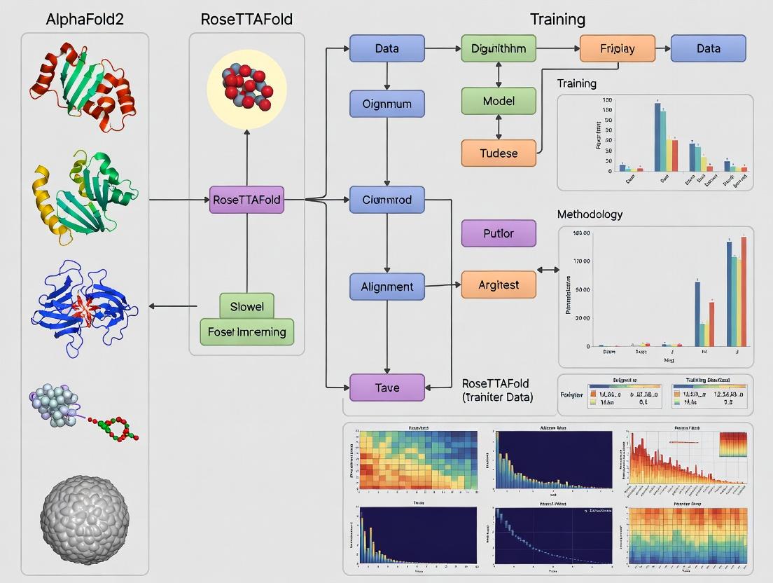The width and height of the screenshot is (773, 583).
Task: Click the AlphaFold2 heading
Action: coord(85,19)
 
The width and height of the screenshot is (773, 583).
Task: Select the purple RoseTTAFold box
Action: coord(246,200)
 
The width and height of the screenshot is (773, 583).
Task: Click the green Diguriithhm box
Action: coord(499,49)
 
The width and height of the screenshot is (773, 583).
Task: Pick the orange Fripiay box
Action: coord(617,49)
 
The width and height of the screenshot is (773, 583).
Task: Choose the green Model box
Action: coord(499,101)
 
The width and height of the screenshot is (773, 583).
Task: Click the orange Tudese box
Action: coord(499,153)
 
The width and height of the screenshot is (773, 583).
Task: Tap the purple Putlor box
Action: coord(499,233)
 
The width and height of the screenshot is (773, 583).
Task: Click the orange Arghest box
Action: coord(499,284)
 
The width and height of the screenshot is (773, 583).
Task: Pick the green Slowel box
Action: coord(246,306)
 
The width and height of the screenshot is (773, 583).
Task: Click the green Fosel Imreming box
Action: coord(246,331)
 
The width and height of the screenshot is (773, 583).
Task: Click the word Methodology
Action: coord(589,214)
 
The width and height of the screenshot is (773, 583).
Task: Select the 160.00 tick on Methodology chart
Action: coord(581,233)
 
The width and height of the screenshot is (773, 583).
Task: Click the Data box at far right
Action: coord(708,49)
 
